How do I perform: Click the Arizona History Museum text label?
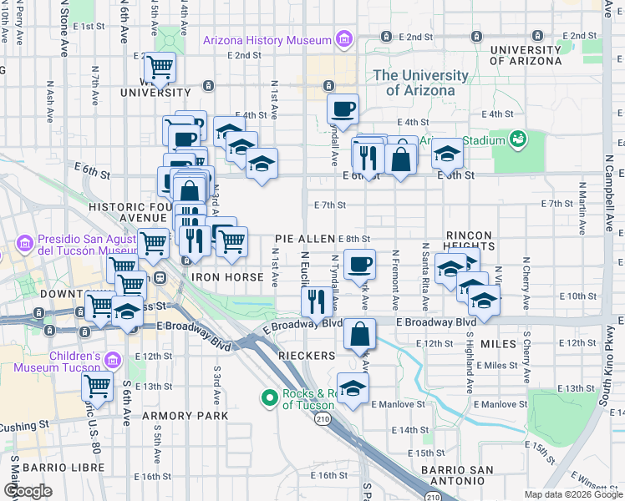pos(267,40)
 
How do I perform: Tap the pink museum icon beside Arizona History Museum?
pos(342,39)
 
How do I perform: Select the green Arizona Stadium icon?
pos(518,136)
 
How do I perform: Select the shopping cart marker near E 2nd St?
pos(160,66)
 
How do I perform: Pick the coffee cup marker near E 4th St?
pos(342,109)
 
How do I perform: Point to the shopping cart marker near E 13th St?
pos(97,387)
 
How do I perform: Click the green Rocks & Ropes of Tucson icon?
pos(269,398)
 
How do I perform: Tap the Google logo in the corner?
pos(28,492)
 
